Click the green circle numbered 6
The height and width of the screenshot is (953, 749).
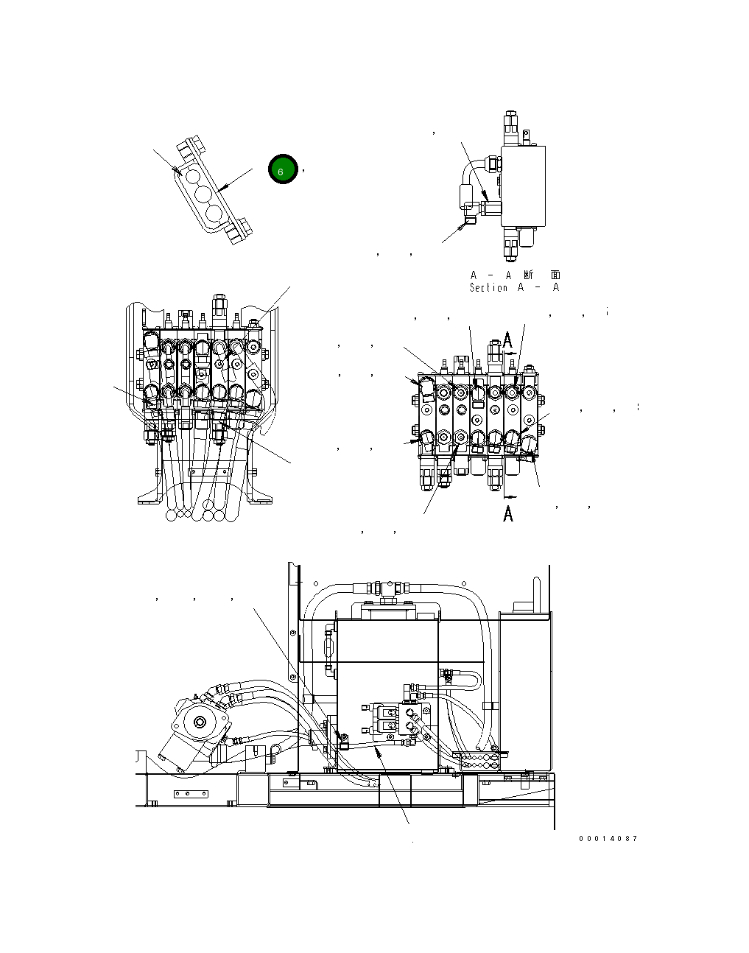[x=281, y=171]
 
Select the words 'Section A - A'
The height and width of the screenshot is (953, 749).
[x=514, y=288]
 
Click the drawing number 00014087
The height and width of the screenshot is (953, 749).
[x=608, y=839]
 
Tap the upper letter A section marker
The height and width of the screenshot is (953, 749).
[x=508, y=340]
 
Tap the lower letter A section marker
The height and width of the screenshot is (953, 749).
[x=508, y=513]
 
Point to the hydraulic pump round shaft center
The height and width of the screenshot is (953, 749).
[x=199, y=725]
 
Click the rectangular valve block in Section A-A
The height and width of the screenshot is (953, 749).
[x=523, y=185]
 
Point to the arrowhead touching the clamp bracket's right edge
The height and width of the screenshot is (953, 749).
[x=223, y=189]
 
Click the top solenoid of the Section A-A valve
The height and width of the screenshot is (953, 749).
[x=511, y=125]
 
